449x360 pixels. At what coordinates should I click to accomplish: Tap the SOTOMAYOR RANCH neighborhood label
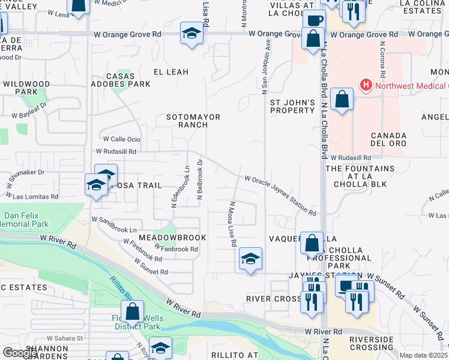pos(193,121)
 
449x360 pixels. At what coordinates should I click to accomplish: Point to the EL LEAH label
pos(171,72)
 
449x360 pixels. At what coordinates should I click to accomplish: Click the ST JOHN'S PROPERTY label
pos(292,106)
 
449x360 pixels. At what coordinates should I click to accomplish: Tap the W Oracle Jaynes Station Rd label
pos(280,195)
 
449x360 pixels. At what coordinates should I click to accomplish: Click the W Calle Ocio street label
pos(121,139)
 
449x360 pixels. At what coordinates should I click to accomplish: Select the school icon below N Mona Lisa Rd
pos(250,259)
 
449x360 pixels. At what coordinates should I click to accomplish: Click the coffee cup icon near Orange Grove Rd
pos(314,20)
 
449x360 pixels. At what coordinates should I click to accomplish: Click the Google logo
pos(20,353)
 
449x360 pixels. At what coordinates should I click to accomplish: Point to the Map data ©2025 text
pos(424,355)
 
